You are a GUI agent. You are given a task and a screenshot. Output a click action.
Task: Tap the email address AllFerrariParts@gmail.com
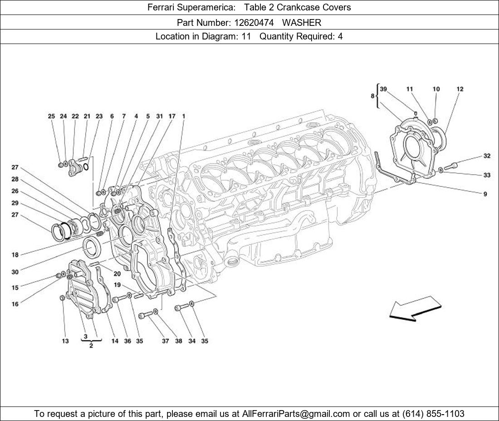[x=296, y=414]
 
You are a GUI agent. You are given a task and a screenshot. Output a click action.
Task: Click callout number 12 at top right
[x=460, y=89]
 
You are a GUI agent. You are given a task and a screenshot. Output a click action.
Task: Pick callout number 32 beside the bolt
[x=486, y=156]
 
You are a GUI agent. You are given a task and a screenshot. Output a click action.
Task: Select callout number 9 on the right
[x=485, y=194]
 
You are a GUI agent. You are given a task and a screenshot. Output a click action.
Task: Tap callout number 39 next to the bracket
[x=383, y=89]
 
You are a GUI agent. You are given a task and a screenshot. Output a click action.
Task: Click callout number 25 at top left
[x=51, y=117]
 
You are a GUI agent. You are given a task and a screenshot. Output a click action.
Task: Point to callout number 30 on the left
[x=15, y=272]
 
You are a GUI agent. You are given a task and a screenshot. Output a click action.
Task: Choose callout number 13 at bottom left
[x=65, y=341]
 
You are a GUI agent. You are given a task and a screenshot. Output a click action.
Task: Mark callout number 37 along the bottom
[x=166, y=341]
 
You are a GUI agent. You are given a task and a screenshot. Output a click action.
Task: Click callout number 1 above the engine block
[x=184, y=117]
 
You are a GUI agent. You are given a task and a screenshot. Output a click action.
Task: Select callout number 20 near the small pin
[x=117, y=274]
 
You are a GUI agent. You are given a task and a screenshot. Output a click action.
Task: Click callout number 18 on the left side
[x=15, y=255]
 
